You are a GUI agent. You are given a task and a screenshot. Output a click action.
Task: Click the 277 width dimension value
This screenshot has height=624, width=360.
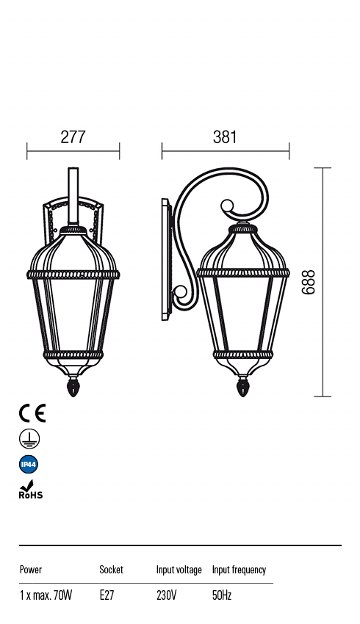tap(73, 137)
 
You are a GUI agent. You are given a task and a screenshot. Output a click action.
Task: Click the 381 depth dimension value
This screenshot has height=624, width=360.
tap(225, 137)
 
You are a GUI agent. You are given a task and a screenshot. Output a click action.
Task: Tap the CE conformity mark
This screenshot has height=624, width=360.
tap(32, 413)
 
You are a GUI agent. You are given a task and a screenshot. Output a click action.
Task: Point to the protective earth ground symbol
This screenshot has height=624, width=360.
tap(29, 439)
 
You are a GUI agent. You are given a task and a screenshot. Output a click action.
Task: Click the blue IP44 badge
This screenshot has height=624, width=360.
tap(29, 465)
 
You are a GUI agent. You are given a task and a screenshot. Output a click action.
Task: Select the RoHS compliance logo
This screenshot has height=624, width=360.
tap(30, 490)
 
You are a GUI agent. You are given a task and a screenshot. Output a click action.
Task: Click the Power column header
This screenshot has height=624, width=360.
tap(31, 570)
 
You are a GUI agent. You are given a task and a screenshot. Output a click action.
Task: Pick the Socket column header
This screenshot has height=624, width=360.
tap(111, 570)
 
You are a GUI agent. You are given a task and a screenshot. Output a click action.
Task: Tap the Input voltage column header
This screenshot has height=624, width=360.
tap(179, 570)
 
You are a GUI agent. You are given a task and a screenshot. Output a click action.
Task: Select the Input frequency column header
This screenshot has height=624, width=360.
tap(239, 570)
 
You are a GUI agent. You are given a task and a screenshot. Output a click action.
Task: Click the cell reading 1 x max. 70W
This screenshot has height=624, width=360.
tap(46, 595)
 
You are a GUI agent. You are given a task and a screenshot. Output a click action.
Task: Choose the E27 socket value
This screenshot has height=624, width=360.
tap(107, 595)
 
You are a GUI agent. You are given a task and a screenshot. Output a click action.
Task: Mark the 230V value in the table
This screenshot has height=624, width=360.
tap(166, 595)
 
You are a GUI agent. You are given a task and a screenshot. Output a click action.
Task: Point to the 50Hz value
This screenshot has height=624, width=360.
tap(223, 595)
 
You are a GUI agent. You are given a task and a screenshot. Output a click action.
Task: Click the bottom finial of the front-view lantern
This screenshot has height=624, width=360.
tap(73, 386)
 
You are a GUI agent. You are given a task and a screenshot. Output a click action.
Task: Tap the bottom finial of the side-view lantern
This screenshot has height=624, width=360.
tap(242, 386)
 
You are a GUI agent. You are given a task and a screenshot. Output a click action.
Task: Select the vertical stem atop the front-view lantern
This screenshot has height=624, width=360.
tap(73, 195)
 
